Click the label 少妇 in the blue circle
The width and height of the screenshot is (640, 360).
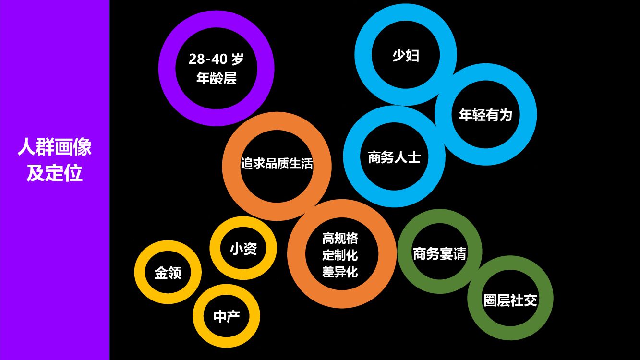click(406, 55)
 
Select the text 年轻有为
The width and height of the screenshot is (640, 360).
click(485, 115)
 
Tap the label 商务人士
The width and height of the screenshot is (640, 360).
click(394, 157)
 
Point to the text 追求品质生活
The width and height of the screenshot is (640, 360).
click(277, 164)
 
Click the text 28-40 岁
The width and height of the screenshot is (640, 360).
click(216, 60)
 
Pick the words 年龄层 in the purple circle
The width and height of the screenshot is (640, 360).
click(216, 78)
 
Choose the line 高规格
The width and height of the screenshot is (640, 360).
click(340, 238)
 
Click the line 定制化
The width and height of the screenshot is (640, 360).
click(340, 255)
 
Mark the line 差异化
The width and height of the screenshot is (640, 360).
click(340, 272)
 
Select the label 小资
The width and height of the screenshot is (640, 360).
click(243, 249)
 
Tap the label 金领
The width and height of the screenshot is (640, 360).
click(168, 273)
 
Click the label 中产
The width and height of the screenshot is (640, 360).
click(226, 316)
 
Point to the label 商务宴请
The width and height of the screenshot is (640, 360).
click(439, 253)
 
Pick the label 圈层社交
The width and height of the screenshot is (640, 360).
click(510, 300)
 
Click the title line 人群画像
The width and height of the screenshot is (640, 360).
click(55, 147)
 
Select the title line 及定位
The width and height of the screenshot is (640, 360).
click(55, 173)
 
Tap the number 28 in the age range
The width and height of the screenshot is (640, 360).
click(197, 60)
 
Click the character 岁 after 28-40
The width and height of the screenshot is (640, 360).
click(237, 60)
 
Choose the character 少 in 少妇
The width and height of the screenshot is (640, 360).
click(399, 55)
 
